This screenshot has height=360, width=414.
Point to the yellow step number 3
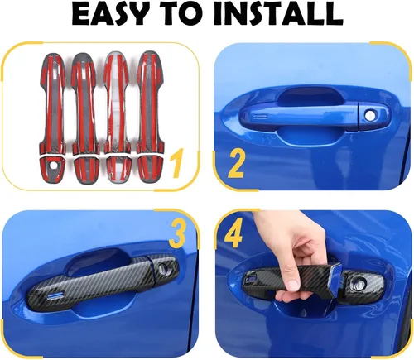click(x=177, y=235)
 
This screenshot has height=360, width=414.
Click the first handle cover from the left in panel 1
click(x=53, y=118)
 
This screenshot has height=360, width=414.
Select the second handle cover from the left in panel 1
click(x=84, y=118)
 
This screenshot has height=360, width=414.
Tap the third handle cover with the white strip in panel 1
click(x=117, y=117)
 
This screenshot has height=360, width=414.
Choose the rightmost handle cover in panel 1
click(x=150, y=117)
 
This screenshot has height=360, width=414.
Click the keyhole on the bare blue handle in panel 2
click(x=368, y=115)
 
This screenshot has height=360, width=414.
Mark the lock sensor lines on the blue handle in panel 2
click(x=261, y=117)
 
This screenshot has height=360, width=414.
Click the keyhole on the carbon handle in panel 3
click(x=161, y=268)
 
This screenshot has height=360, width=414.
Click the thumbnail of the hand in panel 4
click(x=292, y=284)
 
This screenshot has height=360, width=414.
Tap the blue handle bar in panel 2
click(x=300, y=114)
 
